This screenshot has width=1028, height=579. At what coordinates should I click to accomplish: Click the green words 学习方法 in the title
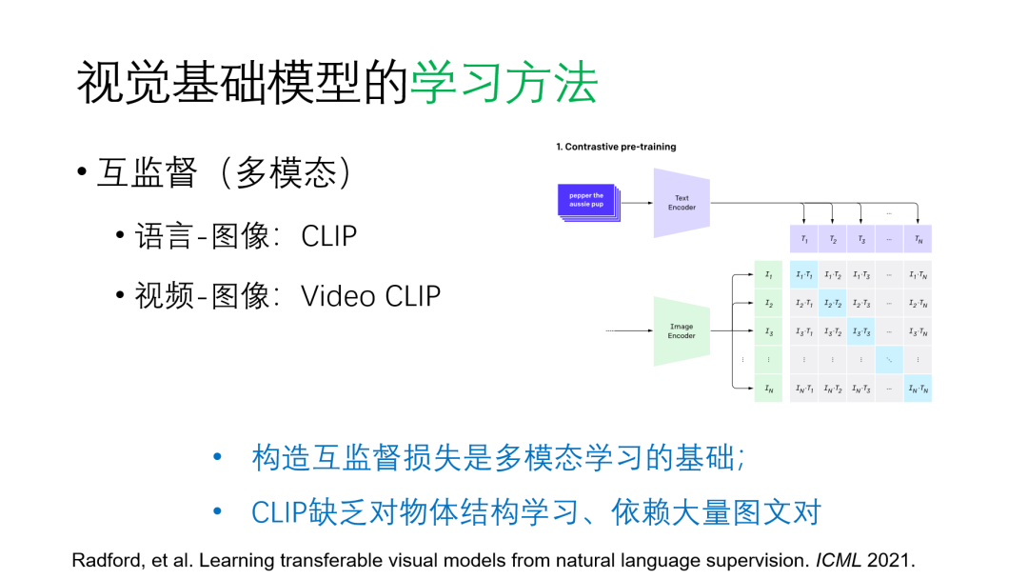pyautogui.click(x=504, y=84)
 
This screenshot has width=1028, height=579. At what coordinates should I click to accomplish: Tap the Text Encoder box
pyautogui.click(x=682, y=203)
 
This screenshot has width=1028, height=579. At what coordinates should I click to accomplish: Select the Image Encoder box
pyautogui.click(x=682, y=331)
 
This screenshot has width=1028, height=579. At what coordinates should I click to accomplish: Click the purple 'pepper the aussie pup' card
pyautogui.click(x=586, y=200)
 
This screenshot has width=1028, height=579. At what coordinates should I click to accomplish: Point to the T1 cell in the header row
pyautogui.click(x=804, y=240)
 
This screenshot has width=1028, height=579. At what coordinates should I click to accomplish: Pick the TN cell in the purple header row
pyautogui.click(x=918, y=240)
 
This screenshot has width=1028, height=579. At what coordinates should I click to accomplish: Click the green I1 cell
pyautogui.click(x=768, y=275)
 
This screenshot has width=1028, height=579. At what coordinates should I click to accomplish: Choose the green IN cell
pyautogui.click(x=768, y=389)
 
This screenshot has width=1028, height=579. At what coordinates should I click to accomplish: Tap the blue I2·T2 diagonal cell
pyautogui.click(x=832, y=304)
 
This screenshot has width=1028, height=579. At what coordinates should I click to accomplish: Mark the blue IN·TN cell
pyautogui.click(x=918, y=389)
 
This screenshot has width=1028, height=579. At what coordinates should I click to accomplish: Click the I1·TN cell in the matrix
pyautogui.click(x=918, y=275)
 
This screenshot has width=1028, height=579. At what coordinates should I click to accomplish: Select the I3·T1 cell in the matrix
pyautogui.click(x=804, y=332)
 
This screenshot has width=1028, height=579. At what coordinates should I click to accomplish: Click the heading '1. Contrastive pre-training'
pyautogui.click(x=616, y=147)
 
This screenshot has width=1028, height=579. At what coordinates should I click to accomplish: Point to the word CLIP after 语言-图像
pyautogui.click(x=329, y=236)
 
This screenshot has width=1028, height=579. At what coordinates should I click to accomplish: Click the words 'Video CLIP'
pyautogui.click(x=371, y=296)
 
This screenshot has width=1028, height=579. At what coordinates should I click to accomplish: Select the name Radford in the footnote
pyautogui.click(x=105, y=560)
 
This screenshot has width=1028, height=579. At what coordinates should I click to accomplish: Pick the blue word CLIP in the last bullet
pyautogui.click(x=279, y=512)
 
